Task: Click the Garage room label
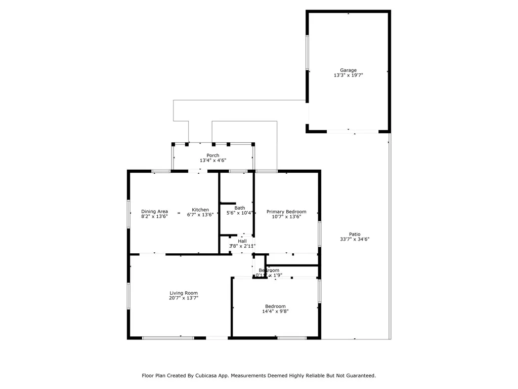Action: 348,70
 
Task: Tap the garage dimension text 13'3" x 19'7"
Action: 348,75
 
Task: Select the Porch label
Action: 212,155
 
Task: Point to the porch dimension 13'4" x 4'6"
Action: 212,161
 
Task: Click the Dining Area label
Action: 154,211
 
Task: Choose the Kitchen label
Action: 200,210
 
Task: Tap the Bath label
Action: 240,208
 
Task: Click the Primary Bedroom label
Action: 286,212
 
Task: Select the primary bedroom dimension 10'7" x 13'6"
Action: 286,217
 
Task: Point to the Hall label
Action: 242,241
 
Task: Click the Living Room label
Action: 183,293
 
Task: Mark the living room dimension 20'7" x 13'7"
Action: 183,298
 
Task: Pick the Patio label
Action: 355,234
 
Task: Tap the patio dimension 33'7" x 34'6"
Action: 355,239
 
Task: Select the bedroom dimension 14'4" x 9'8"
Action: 275,312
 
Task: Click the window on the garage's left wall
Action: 307,52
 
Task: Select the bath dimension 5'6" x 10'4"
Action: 240,213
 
